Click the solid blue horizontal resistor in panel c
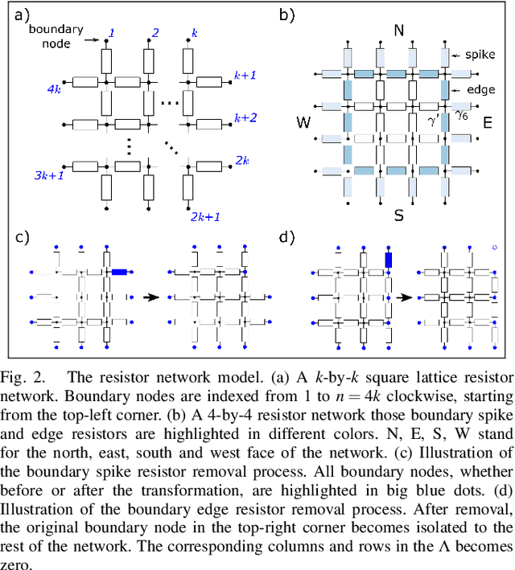(x=120, y=273)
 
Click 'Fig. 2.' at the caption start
(x=25, y=376)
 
